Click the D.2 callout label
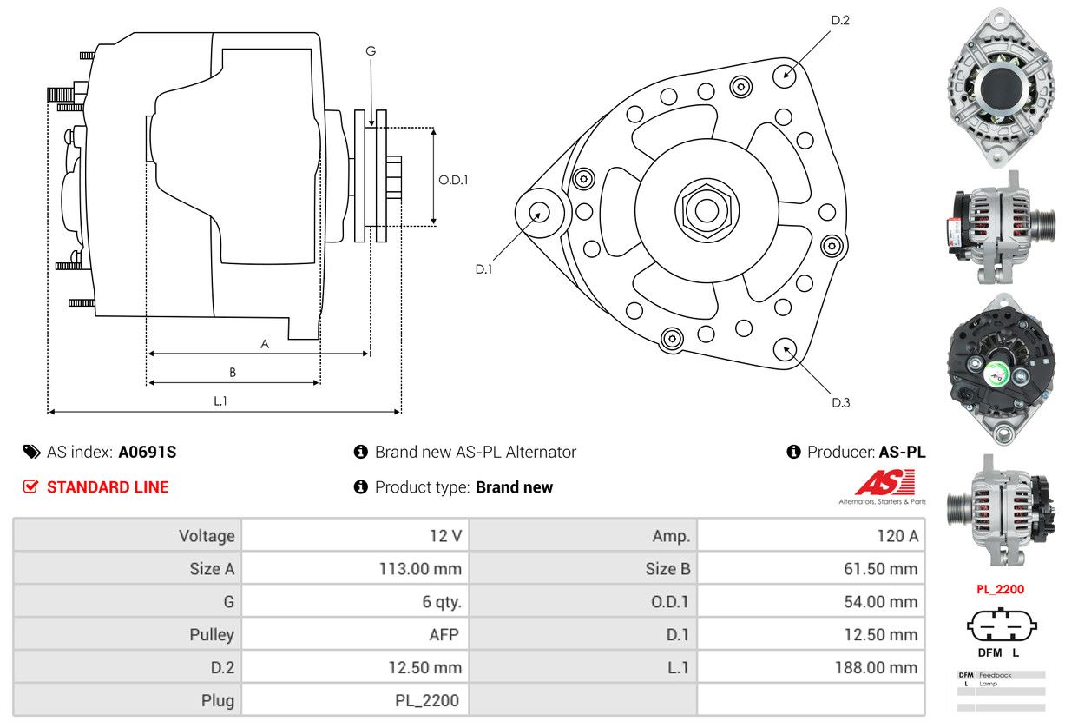839,20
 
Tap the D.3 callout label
840,402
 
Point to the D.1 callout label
483,269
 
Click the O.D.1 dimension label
453,180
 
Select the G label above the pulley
371,51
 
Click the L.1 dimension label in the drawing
220,400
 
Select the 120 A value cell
811,536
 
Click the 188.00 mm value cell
811,667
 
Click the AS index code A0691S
148,452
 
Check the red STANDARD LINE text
108,487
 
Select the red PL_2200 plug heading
1000,589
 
